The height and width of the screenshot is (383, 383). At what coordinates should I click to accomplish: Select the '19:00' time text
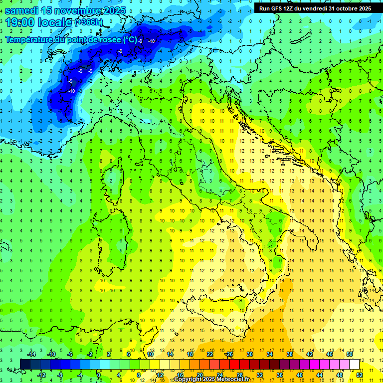pyautogui.click(x=22, y=22)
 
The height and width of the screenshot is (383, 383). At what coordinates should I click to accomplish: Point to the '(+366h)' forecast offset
pyautogui.click(x=90, y=22)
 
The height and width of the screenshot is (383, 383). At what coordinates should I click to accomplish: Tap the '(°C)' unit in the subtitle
pyautogui.click(x=130, y=39)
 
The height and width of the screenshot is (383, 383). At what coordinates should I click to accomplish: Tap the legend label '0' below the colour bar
pyautogui.click(x=99, y=375)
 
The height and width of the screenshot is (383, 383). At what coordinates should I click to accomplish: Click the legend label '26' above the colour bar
pyautogui.click(x=229, y=354)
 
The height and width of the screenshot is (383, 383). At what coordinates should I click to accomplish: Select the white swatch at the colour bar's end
pyautogui.click(x=354, y=364)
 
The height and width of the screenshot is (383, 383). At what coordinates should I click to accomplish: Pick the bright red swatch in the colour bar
pyautogui.click(x=234, y=364)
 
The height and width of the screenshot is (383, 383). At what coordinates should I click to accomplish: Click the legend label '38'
pyautogui.click(x=289, y=354)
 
